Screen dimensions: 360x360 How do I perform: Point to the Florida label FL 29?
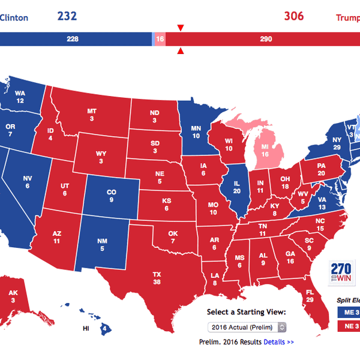(311, 295)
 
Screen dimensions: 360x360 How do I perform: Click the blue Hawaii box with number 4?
(104, 328)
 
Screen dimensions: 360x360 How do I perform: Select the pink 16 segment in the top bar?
(160, 39)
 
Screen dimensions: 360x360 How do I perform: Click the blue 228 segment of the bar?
(75, 39)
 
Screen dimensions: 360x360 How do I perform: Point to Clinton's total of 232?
(67, 16)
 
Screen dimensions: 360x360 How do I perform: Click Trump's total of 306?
(293, 16)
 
